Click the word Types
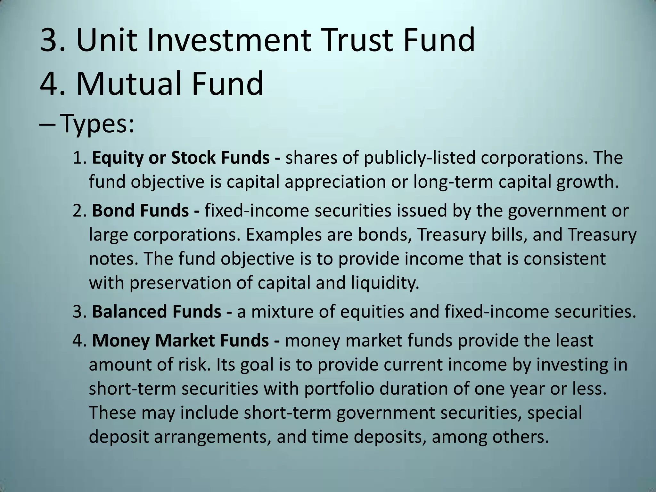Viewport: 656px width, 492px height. pyautogui.click(x=97, y=124)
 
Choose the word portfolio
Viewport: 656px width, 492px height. pyautogui.click(x=339, y=389)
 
